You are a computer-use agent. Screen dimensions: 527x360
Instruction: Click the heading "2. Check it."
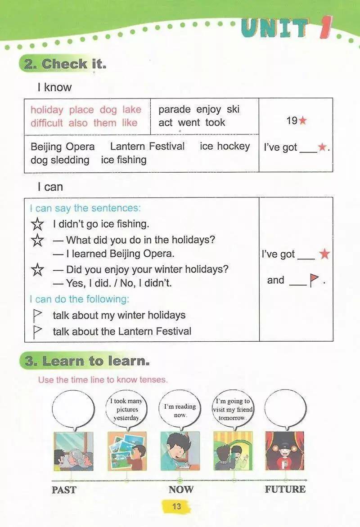(x=65, y=64)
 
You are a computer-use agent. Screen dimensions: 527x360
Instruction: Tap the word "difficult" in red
(x=47, y=123)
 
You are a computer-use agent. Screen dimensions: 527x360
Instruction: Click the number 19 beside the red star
(x=292, y=121)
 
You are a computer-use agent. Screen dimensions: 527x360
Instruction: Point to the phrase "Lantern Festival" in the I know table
(x=147, y=146)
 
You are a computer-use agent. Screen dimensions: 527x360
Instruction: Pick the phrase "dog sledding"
(x=60, y=160)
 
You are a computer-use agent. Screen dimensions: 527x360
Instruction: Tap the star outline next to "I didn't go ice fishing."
(x=38, y=224)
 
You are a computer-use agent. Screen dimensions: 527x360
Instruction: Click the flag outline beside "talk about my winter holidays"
(x=38, y=315)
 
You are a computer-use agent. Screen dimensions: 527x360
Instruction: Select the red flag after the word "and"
(x=314, y=281)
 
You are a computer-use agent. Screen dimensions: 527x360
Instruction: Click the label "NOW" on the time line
(x=180, y=489)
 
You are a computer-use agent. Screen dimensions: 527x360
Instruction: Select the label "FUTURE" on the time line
(x=285, y=489)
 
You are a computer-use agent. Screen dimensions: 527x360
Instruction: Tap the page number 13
(x=176, y=506)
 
